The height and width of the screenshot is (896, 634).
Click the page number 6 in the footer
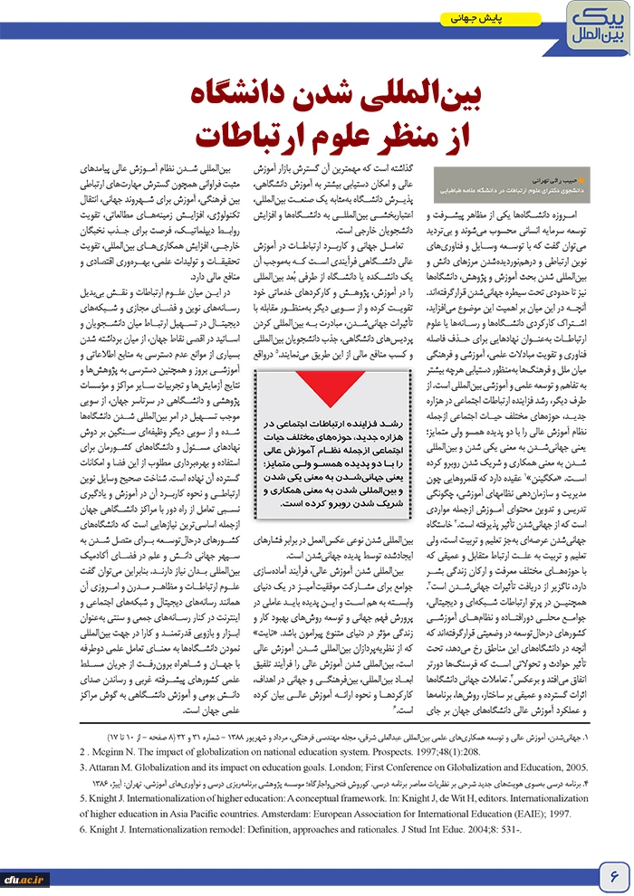(x=612, y=875)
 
